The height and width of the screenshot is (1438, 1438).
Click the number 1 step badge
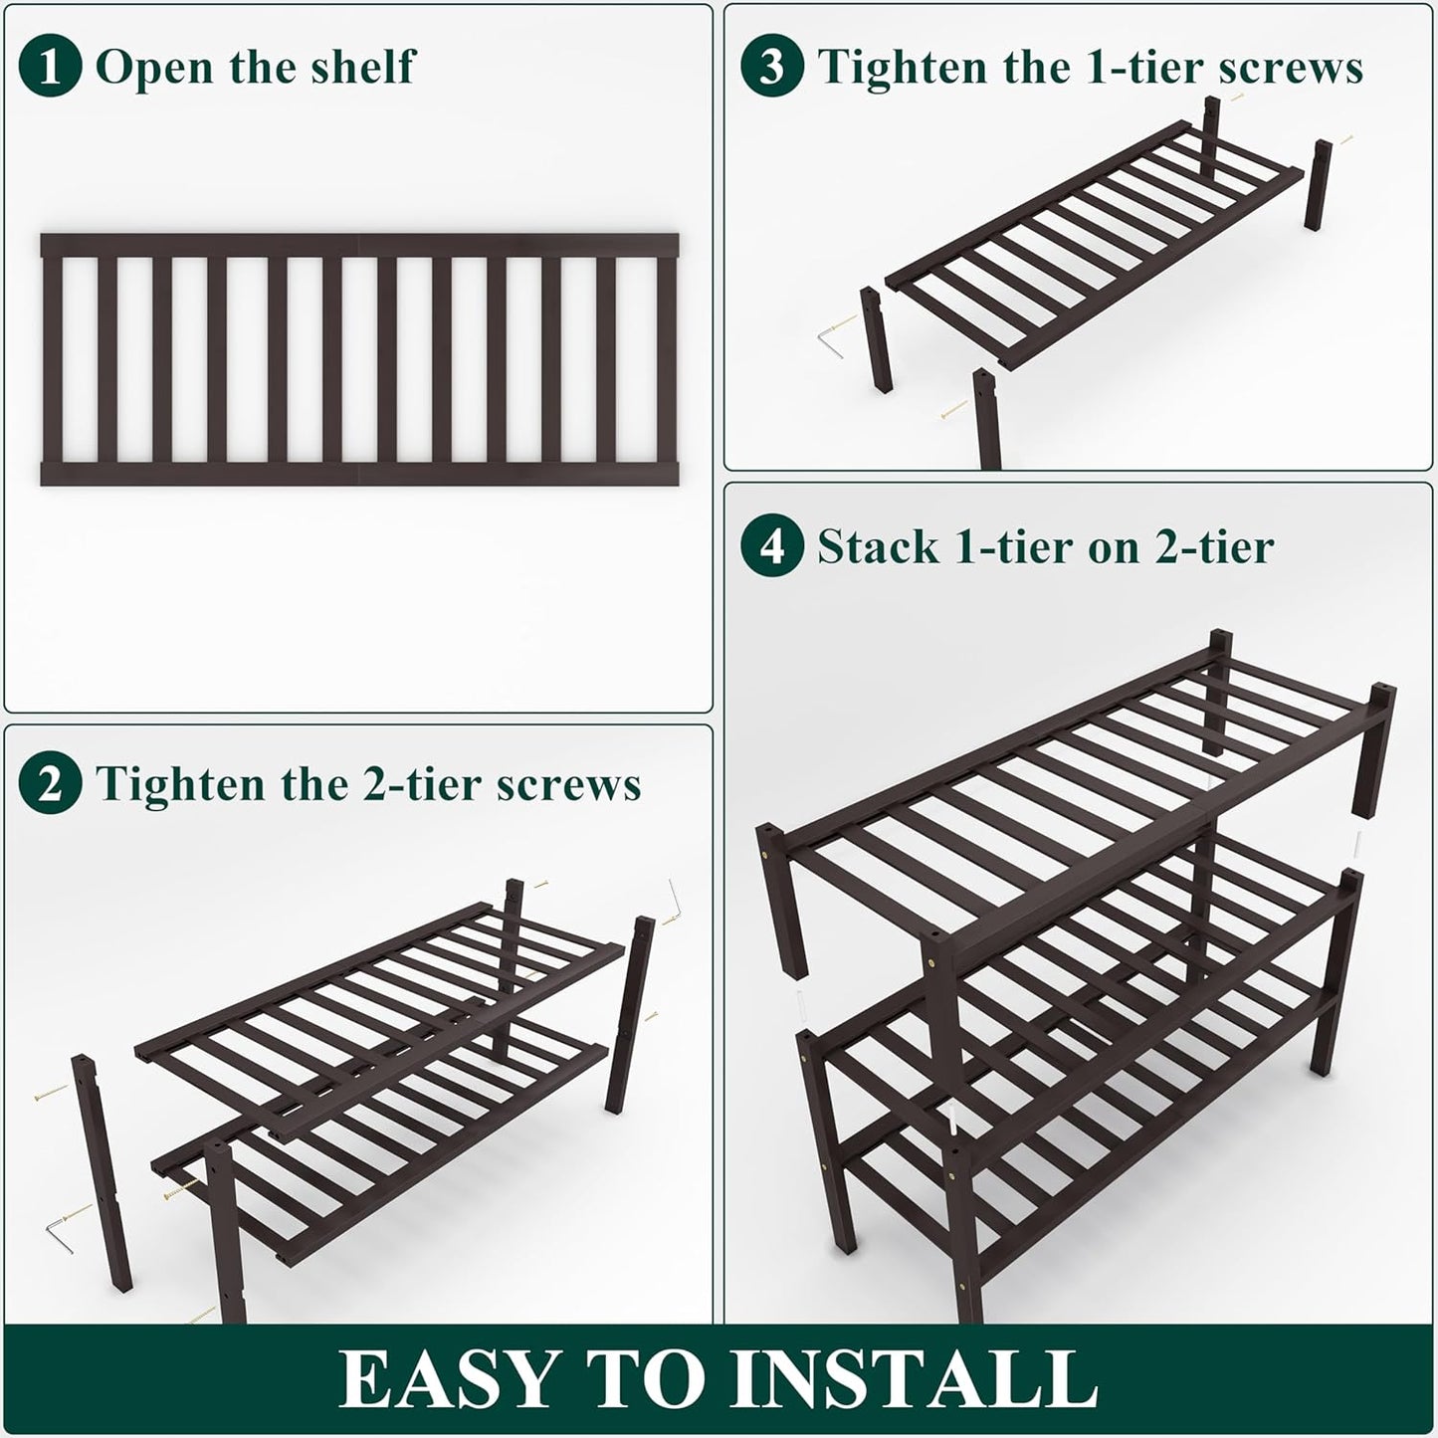click(x=50, y=67)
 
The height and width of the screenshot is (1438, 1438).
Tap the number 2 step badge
click(x=50, y=784)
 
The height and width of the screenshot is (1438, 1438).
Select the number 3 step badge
click(x=772, y=67)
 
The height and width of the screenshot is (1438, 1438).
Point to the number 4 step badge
click(x=772, y=546)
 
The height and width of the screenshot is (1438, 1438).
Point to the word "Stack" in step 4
click(x=878, y=546)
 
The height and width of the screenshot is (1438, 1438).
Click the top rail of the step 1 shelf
click(x=359, y=246)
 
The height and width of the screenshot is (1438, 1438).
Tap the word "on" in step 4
click(x=1113, y=547)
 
